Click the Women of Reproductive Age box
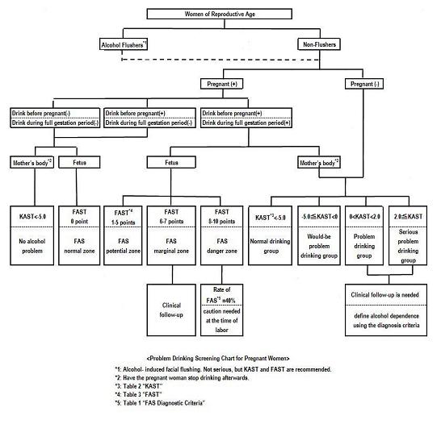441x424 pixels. pyautogui.click(x=220, y=14)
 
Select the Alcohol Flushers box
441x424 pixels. pyautogui.click(x=124, y=44)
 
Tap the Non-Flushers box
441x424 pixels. pyautogui.click(x=319, y=44)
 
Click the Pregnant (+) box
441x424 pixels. pyautogui.click(x=221, y=84)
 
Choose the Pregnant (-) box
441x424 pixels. pyautogui.click(x=364, y=84)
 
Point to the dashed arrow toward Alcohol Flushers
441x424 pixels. pyautogui.click(x=220, y=60)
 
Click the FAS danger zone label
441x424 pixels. pyautogui.click(x=222, y=246)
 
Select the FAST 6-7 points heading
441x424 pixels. pyautogui.click(x=171, y=216)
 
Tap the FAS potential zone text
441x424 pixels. pyautogui.click(x=124, y=246)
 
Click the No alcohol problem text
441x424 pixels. pyautogui.click(x=32, y=246)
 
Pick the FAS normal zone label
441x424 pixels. pyautogui.click(x=79, y=246)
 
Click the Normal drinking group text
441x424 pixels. pyautogui.click(x=270, y=246)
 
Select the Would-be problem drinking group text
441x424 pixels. pyautogui.click(x=319, y=246)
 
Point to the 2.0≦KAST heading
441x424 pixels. pyautogui.click(x=408, y=217)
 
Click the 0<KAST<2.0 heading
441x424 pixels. pyautogui.click(x=364, y=217)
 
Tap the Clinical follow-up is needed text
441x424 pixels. pyautogui.click(x=384, y=295)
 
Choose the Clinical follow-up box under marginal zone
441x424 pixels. pyautogui.click(x=171, y=310)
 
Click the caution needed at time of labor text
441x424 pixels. pyautogui.click(x=221, y=321)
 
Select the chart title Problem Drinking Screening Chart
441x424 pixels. pyautogui.click(x=218, y=359)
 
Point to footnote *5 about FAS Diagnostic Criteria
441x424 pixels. pyautogui.click(x=160, y=403)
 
